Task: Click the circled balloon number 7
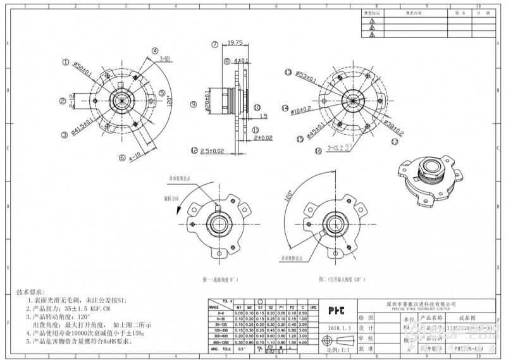(x=215, y=44)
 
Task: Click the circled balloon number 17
(x=394, y=142)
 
